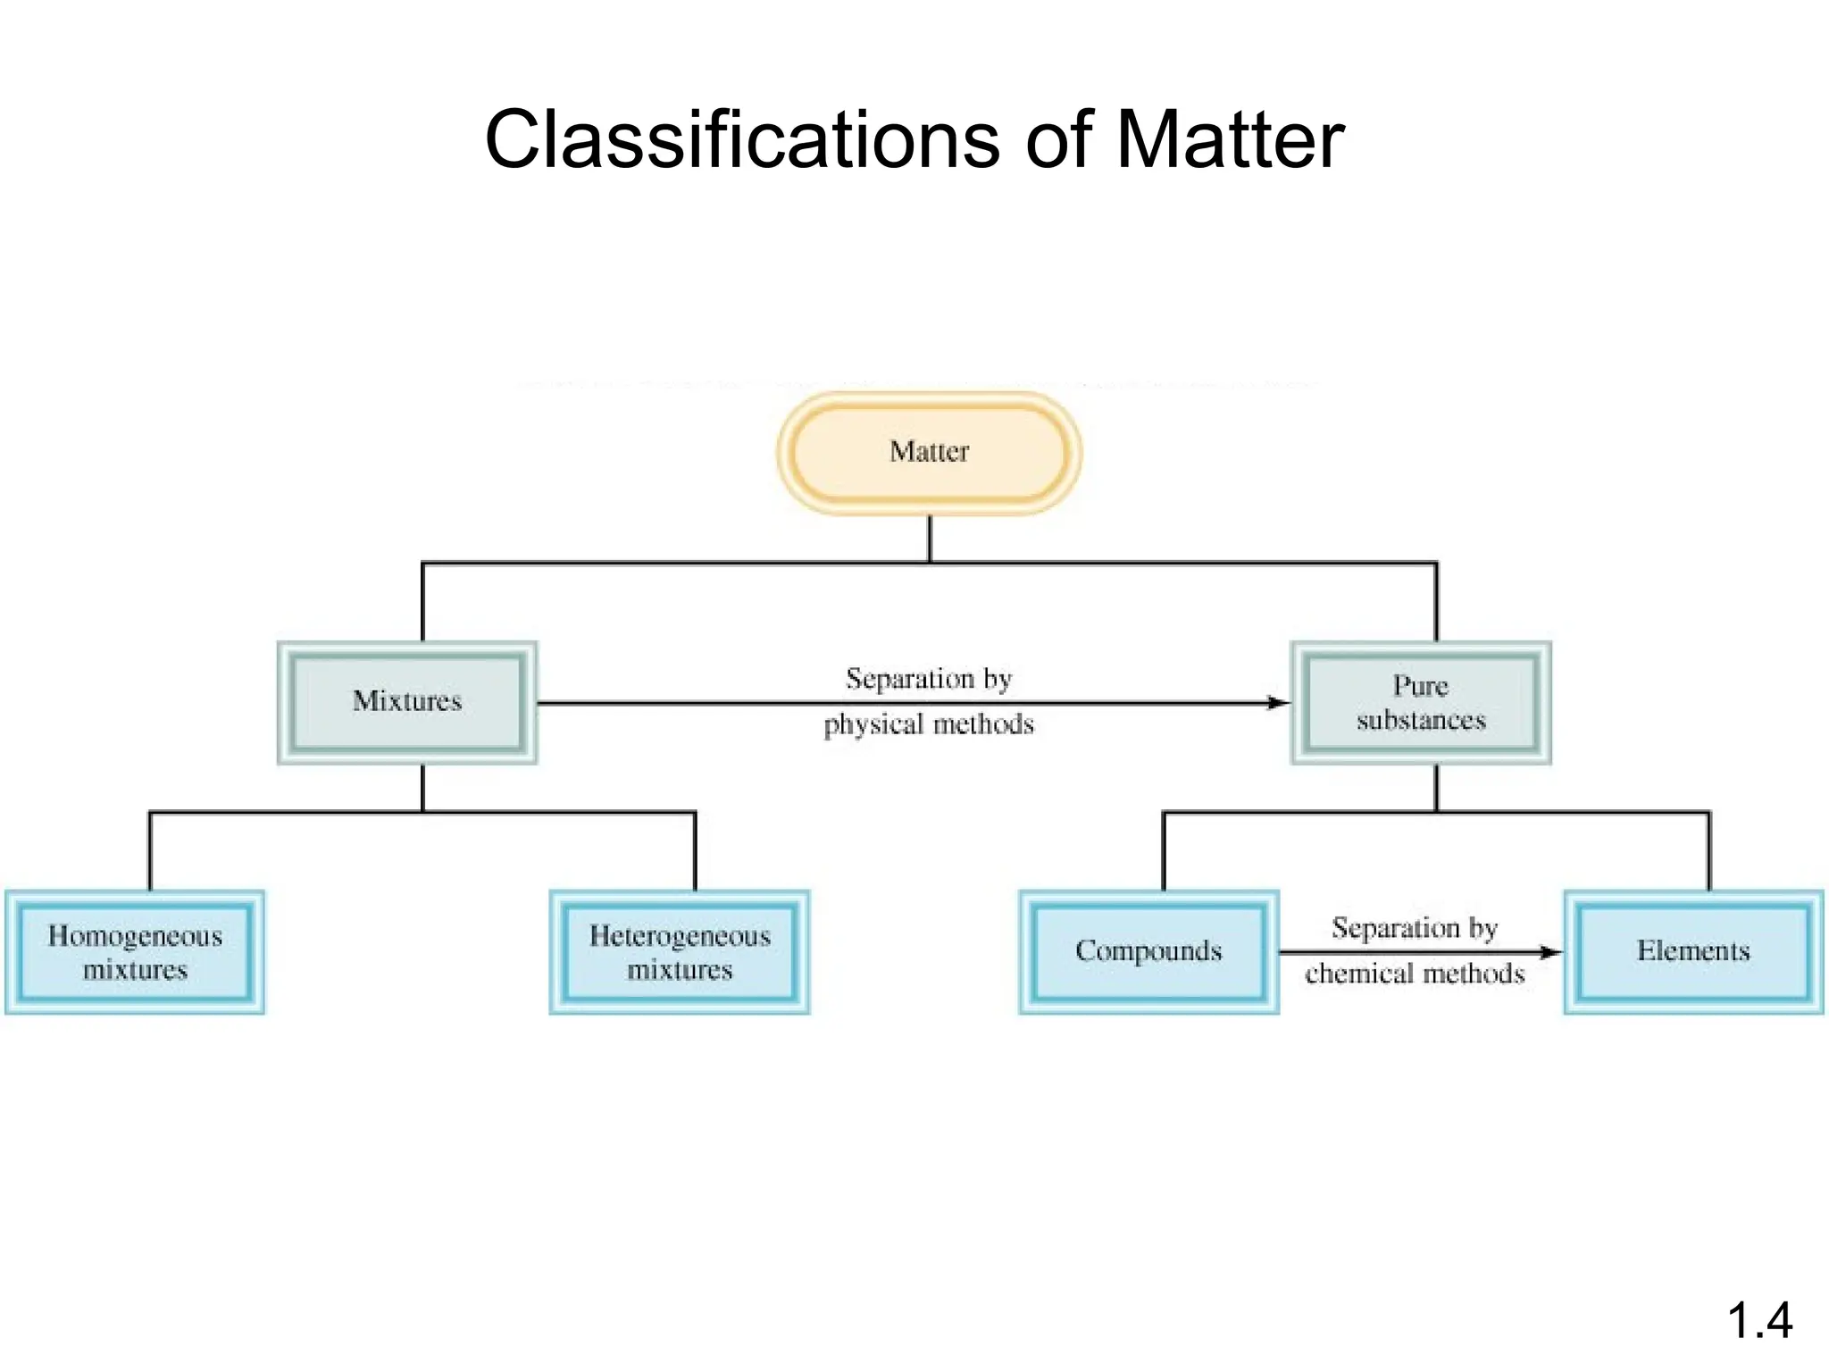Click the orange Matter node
tap(929, 453)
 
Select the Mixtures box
tap(407, 702)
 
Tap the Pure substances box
tap(1421, 702)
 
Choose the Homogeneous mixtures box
tap(135, 952)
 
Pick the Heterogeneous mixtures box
tap(680, 952)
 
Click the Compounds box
tap(1148, 952)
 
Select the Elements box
tap(1693, 952)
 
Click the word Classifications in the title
tap(741, 139)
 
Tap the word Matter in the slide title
tap(1230, 139)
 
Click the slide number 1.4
tap(1759, 1320)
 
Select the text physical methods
tap(929, 724)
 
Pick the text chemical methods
tap(1415, 974)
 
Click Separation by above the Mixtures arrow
tap(929, 679)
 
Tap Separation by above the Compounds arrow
tap(1415, 928)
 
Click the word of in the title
tap(1059, 139)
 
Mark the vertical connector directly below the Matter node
tap(930, 539)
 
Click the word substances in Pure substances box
tap(1421, 720)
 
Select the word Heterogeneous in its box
tap(680, 936)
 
